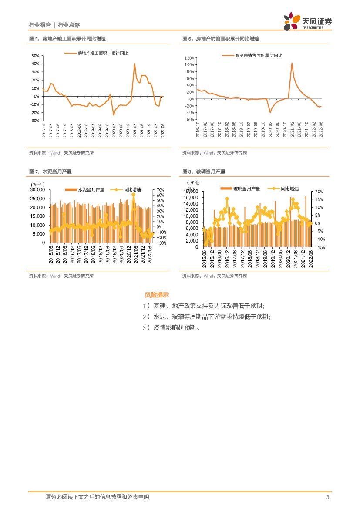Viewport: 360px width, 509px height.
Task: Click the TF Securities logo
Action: (307, 21)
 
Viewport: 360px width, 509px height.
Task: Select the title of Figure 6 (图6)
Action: (221, 39)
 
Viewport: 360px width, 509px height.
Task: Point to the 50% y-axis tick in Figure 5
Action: (35, 56)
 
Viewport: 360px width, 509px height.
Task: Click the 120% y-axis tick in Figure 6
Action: (188, 58)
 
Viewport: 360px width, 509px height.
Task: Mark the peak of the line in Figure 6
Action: (292, 63)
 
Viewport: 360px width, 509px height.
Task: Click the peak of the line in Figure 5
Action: (135, 64)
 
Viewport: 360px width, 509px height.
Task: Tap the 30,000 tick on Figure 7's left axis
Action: (37, 190)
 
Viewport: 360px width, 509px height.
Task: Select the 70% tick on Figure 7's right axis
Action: (160, 190)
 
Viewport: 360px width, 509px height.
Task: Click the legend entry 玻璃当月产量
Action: (246, 189)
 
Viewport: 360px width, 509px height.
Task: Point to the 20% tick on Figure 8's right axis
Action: (318, 192)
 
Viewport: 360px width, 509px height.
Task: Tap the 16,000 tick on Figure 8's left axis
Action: (191, 198)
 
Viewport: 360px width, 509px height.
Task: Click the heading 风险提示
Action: (157, 295)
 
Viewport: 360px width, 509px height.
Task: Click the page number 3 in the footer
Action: (327, 497)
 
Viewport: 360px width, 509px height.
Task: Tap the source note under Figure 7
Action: (61, 276)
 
